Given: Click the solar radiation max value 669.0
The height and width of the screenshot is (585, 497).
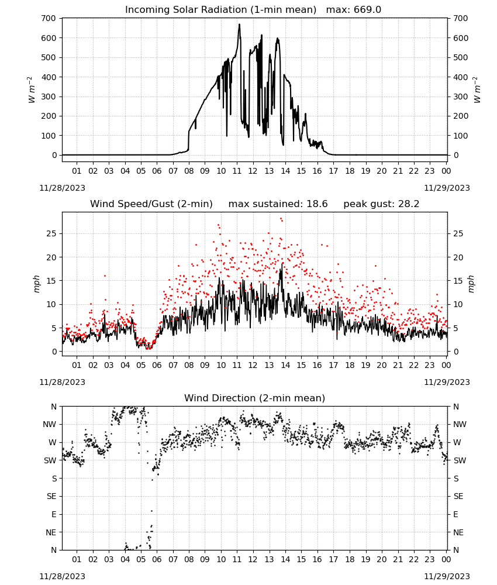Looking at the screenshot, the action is pos(367,9).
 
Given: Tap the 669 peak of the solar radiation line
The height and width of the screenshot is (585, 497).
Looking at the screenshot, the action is pos(239,24).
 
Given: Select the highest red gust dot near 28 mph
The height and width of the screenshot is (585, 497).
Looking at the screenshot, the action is pos(281,219).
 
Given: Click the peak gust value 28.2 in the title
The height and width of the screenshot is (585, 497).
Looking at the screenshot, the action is pos(408,204).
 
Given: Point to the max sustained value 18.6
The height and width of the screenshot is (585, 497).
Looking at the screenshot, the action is pos(317,204).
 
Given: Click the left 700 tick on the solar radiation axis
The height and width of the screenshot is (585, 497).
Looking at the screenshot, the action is pos(49,18).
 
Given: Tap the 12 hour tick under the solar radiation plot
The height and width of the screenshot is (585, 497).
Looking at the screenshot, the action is pos(253,171).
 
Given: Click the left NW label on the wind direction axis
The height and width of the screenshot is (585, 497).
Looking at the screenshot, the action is pos(50,424).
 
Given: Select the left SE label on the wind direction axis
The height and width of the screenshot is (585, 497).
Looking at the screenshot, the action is pos(51,496).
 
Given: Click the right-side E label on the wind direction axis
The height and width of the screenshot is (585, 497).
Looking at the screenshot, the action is pos(455,514).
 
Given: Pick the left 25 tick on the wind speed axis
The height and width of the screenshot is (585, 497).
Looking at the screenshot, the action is pos(51,233).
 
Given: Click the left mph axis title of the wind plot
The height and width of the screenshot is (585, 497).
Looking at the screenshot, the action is pos(36,284).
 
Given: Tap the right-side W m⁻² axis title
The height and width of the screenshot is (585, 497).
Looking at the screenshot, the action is pos(478,90).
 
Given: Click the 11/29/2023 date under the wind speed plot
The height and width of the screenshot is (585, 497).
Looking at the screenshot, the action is pos(447,382).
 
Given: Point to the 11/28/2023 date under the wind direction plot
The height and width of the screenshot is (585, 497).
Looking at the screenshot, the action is pos(62,576).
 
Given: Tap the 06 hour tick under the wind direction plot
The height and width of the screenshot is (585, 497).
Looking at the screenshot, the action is pos(157,559).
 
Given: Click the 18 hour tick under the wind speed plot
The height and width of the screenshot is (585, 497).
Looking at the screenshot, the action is pos(349,365).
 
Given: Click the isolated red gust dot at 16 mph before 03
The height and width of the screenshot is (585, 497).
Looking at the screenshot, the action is pos(105,276).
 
